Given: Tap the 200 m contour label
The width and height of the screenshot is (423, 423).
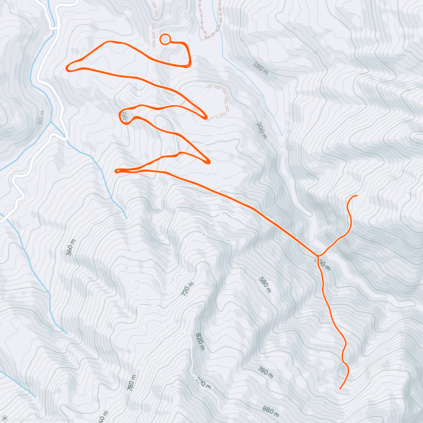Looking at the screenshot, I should tap(261, 130).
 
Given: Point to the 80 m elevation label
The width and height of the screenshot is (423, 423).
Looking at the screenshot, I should tap(41, 117).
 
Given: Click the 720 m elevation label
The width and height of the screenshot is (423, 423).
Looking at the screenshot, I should tap(188, 289).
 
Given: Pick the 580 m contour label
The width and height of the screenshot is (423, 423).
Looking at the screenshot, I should tap(265, 284).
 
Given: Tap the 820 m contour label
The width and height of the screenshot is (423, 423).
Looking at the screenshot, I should tap(200, 341).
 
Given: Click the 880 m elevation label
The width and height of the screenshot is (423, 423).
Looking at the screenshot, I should tap(271, 410).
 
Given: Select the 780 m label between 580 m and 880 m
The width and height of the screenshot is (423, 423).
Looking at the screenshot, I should tap(265, 372).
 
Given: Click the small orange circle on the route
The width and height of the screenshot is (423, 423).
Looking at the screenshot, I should tap(165, 39).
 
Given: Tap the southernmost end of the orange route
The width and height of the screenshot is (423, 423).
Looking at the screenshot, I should tap(340, 388).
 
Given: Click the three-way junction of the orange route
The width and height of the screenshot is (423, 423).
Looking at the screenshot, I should tap(318, 255).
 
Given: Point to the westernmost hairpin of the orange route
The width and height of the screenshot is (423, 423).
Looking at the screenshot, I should tap(68, 68).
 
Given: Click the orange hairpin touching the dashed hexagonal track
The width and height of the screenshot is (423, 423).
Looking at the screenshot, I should tap(206, 117).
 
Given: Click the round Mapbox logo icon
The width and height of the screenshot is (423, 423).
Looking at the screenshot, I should tap(5, 418).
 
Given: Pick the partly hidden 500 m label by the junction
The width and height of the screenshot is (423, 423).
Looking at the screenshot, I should tap(323, 264).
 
